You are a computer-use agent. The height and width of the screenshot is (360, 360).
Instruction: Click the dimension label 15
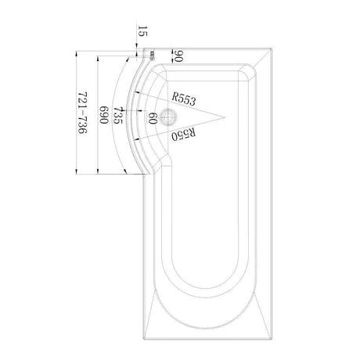coord(142,31)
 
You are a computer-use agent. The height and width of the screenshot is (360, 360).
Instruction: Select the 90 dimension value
coord(178,56)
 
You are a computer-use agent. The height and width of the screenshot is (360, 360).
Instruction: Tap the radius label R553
coord(183,99)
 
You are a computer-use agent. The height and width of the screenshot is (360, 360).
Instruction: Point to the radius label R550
coord(183,135)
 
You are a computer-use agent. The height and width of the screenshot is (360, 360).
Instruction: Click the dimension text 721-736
coord(82,113)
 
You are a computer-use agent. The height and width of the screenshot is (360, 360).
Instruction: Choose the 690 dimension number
coord(104,115)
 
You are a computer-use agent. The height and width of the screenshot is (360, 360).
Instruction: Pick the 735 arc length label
coord(118,115)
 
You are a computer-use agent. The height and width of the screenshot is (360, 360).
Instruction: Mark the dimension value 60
coord(153,118)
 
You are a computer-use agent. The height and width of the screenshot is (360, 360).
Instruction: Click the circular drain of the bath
coord(168,117)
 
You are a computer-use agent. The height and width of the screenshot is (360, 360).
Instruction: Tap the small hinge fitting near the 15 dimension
coord(152,55)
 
